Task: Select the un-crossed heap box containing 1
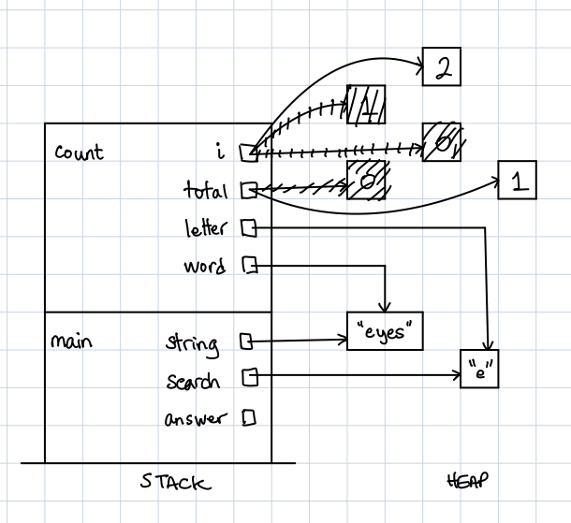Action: click(x=517, y=180)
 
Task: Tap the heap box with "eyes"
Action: click(x=385, y=331)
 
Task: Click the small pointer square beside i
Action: click(x=247, y=151)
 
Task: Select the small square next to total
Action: click(x=247, y=191)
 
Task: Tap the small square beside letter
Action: click(x=248, y=226)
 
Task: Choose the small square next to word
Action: click(x=249, y=266)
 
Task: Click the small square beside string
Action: click(x=246, y=341)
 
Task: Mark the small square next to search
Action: click(x=249, y=377)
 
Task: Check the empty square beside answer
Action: click(x=249, y=417)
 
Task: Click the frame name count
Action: click(x=79, y=153)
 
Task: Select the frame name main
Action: click(x=71, y=341)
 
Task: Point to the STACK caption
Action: click(x=175, y=483)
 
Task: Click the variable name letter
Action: click(x=206, y=227)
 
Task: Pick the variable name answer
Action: click(x=195, y=418)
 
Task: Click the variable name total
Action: click(x=206, y=191)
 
